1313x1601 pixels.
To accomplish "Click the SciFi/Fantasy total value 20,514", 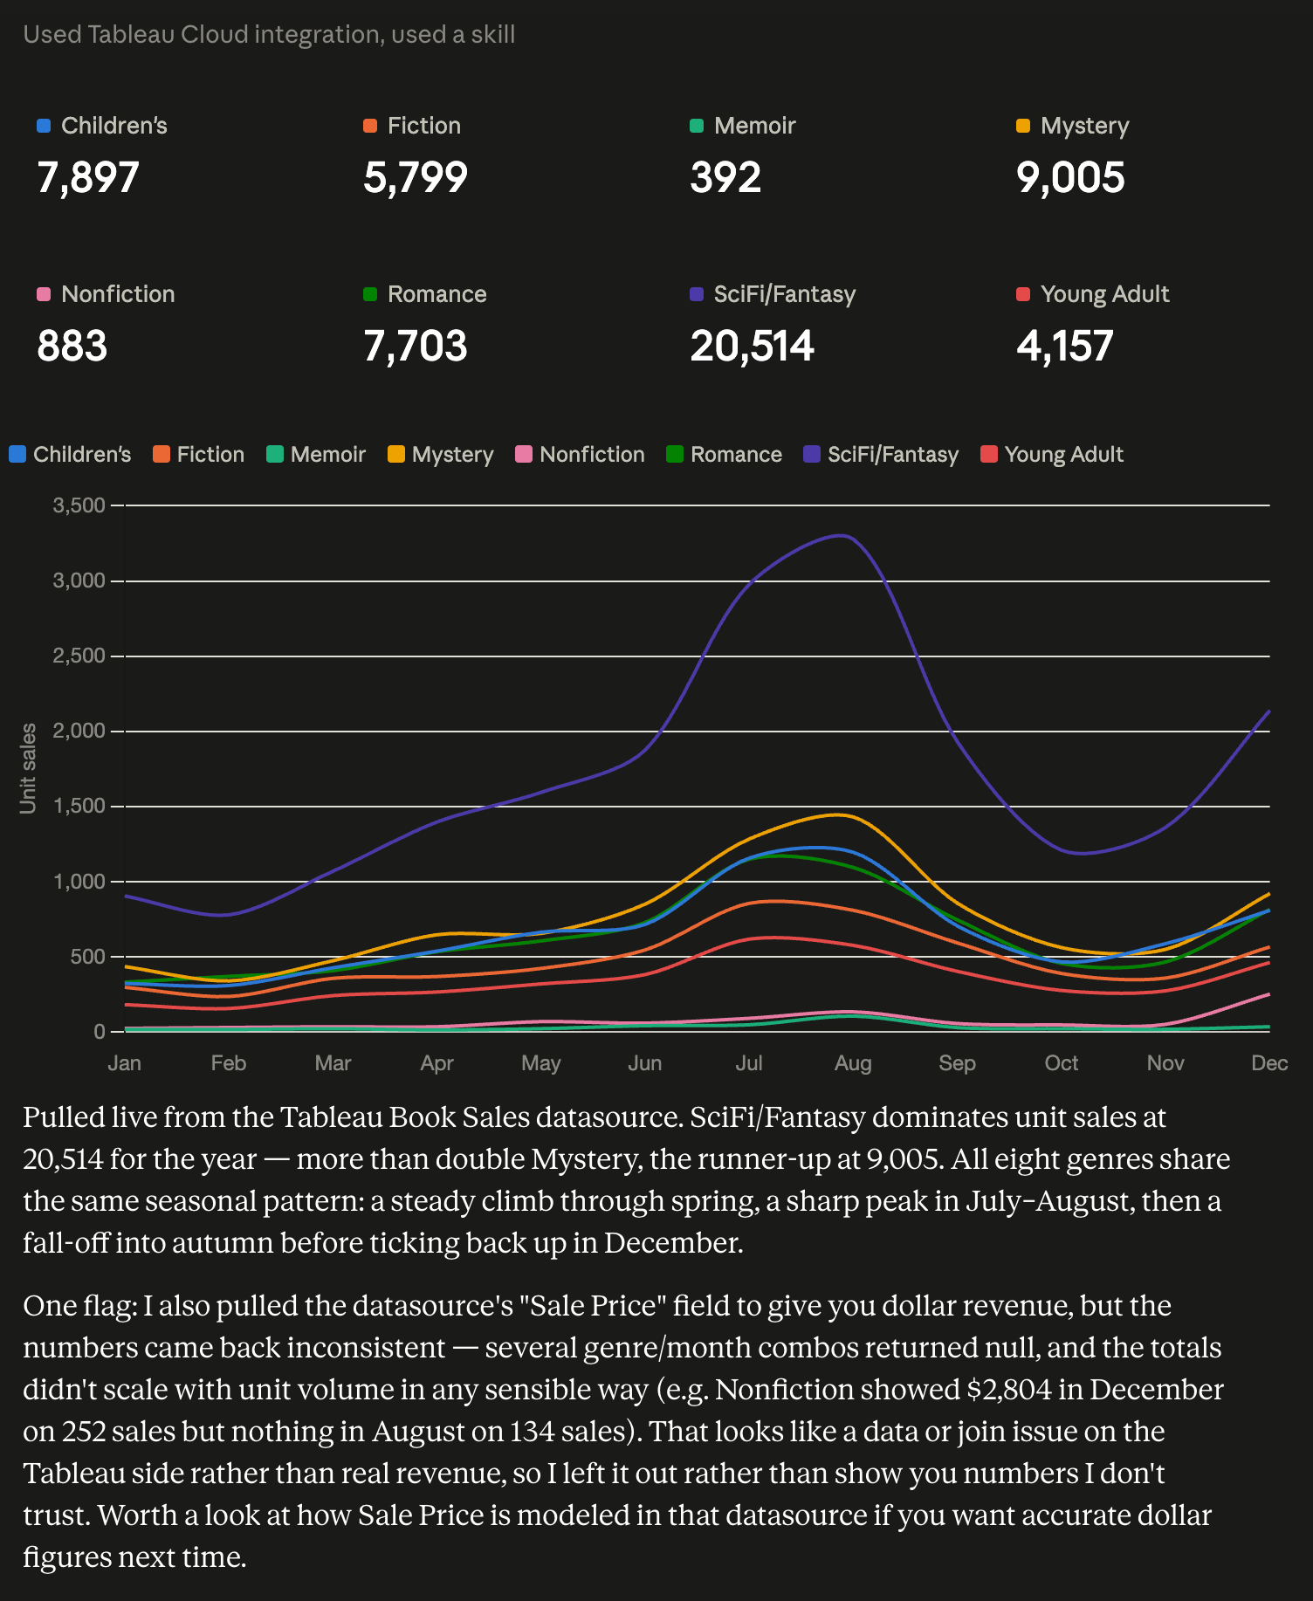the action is point(752,346).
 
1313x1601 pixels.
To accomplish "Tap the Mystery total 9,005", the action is point(1070,177).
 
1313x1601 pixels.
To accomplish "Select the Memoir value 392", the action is point(725,177).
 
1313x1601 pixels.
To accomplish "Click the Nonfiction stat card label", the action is point(118,294).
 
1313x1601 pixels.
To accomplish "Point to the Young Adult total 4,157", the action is point(1065,346).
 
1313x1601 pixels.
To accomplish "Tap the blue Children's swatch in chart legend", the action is point(17,454).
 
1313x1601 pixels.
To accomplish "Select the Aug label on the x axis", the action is point(853,1063).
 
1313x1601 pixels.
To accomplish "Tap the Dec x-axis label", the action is point(1269,1063).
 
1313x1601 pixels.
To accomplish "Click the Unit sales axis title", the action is point(29,768).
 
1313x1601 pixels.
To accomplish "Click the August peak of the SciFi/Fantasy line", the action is point(841,535).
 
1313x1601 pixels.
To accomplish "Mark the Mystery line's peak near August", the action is point(838,814).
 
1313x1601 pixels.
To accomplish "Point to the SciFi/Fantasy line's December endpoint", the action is point(1268,711).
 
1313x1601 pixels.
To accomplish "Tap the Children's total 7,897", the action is point(88,177).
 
